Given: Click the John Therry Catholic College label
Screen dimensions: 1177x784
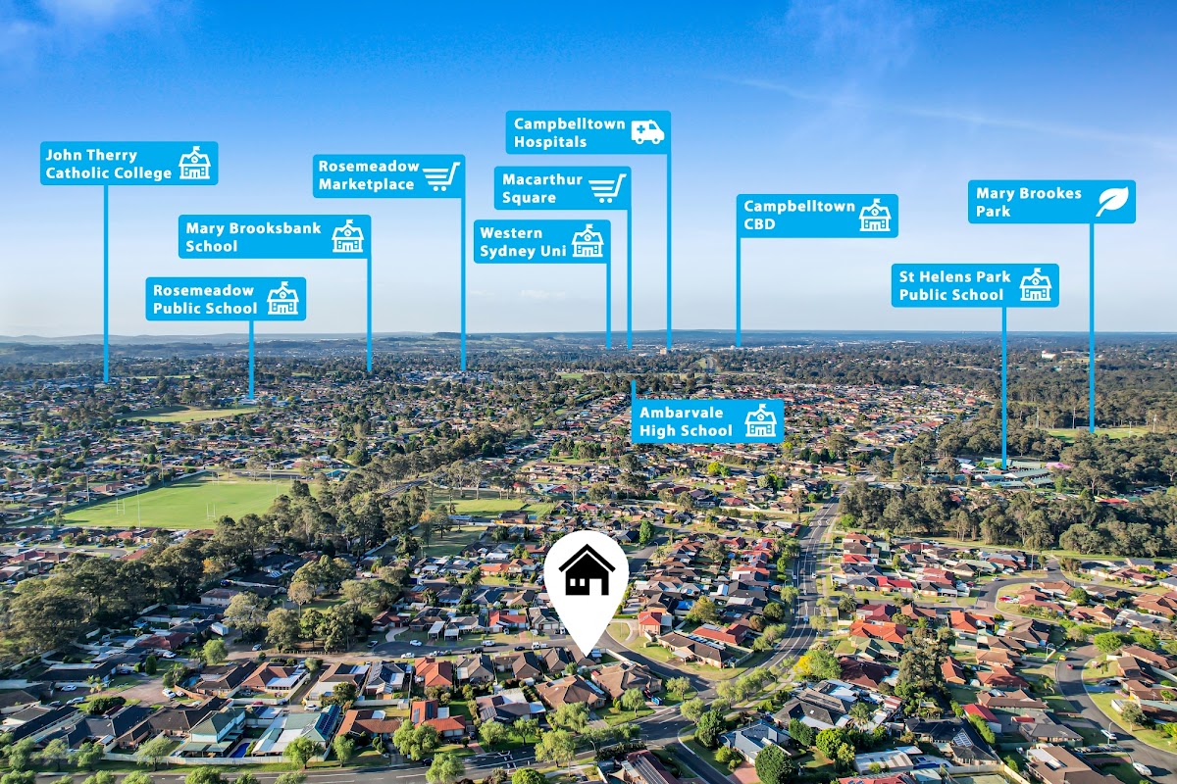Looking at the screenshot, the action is coord(128,164).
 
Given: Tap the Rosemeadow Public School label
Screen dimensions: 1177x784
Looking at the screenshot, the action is coord(226,299).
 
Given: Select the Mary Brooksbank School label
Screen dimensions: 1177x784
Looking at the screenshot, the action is coord(274,237).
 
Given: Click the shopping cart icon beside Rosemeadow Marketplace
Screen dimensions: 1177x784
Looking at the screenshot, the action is coord(441,176).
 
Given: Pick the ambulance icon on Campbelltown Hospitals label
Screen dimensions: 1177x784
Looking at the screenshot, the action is coord(647,132).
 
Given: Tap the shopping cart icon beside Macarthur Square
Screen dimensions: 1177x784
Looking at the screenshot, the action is coord(607,188).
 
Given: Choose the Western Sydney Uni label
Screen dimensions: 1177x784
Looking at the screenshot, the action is coord(541,242).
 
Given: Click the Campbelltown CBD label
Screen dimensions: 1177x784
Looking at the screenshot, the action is coord(816,216).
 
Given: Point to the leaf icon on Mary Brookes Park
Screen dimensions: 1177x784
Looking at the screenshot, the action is coord(1112,202).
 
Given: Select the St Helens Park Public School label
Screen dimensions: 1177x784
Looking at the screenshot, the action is coord(974,285).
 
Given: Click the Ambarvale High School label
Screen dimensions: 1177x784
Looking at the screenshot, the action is coord(707,421).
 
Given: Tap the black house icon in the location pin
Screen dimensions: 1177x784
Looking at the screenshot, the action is coord(587,571).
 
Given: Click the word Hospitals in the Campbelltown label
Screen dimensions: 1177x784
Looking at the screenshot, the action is coord(550,142).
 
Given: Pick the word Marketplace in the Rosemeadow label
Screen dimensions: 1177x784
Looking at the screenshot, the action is coord(366,185).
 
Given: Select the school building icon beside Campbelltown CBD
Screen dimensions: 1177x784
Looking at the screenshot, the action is coord(875,216).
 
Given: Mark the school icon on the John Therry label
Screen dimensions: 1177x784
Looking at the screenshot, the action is coord(194,164).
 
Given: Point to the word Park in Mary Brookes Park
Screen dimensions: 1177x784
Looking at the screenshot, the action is coord(993,211).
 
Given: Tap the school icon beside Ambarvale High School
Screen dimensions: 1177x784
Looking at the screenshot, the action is coord(760,421).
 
